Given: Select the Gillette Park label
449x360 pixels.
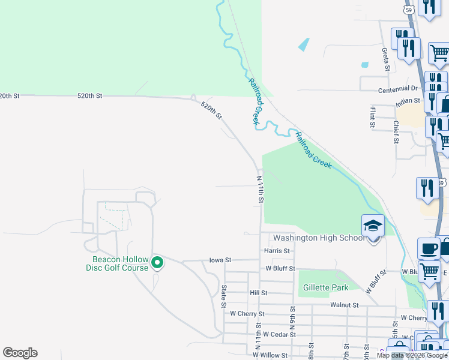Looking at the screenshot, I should coord(326,287).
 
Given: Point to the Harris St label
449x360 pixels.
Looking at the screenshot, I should coord(277,250).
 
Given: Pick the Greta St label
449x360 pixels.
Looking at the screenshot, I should coord(385,59).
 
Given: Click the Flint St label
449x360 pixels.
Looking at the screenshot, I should coord(373,118).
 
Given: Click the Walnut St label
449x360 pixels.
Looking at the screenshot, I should coord(344,305).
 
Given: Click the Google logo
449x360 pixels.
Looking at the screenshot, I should coord(20,353).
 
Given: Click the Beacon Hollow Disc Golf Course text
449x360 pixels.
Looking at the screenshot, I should coord(120,264).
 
